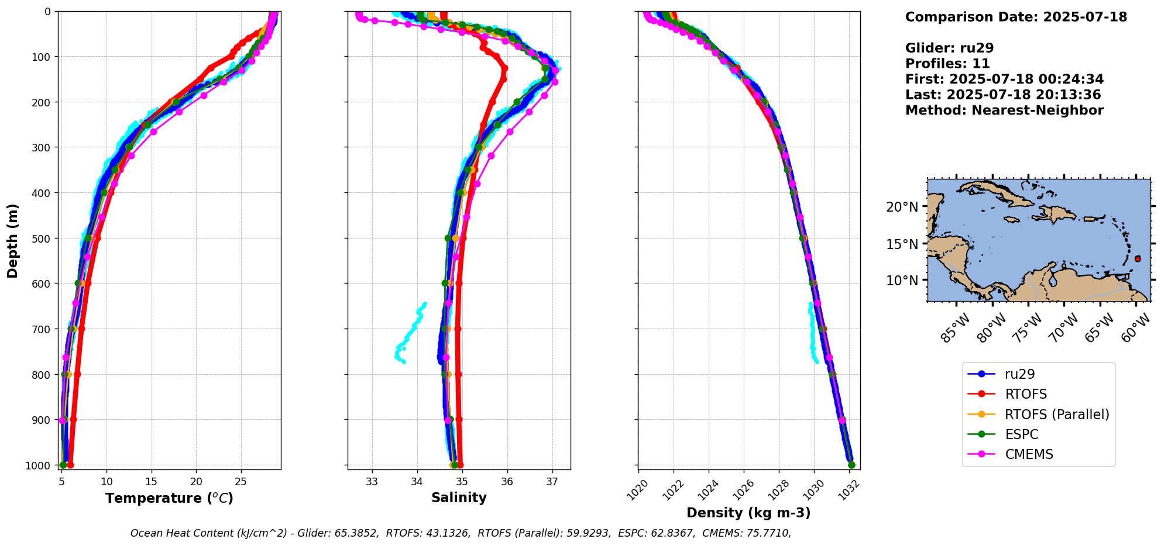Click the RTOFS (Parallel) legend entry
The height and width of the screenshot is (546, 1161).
pyautogui.click(x=1057, y=414)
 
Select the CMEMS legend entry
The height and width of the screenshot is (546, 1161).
pyautogui.click(x=1029, y=454)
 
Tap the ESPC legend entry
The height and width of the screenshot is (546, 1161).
pyautogui.click(x=1021, y=434)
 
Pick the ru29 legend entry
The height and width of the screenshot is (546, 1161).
pyautogui.click(x=1019, y=374)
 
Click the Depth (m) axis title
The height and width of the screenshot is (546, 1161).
pyautogui.click(x=13, y=240)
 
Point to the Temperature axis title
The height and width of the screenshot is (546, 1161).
pyautogui.click(x=169, y=498)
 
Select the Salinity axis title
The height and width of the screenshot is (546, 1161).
pyautogui.click(x=459, y=497)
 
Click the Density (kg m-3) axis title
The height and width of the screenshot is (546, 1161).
pyautogui.click(x=748, y=513)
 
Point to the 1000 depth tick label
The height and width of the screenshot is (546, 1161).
pyautogui.click(x=41, y=465)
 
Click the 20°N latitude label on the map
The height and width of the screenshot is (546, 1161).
pyautogui.click(x=902, y=207)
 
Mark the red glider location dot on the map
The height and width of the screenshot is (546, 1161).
pyautogui.click(x=1138, y=258)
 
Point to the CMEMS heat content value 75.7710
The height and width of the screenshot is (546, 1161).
pyautogui.click(x=765, y=533)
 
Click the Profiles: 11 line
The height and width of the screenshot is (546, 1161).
pyautogui.click(x=947, y=64)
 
